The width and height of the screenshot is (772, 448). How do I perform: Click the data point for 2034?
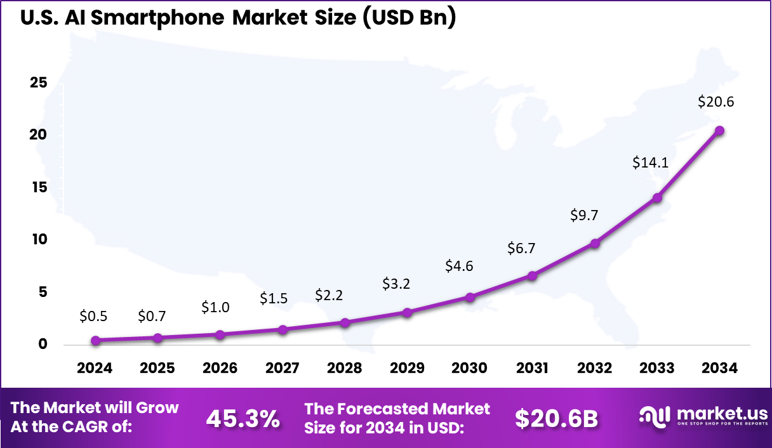tap(719, 131)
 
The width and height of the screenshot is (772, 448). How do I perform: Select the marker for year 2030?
tap(470, 297)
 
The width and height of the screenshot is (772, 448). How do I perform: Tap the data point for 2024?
tap(96, 340)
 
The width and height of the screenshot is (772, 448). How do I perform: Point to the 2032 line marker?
tap(595, 243)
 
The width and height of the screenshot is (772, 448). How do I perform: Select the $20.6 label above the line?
tap(715, 102)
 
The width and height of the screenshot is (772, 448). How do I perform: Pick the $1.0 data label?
tap(215, 307)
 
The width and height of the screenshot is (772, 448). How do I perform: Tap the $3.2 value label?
tap(396, 284)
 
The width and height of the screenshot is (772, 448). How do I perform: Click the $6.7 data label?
tap(521, 249)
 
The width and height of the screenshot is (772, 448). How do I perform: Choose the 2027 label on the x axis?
tap(283, 368)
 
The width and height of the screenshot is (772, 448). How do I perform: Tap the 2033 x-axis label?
tap(657, 368)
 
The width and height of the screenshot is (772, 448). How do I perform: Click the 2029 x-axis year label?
tap(407, 368)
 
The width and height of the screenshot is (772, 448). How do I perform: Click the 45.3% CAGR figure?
tap(243, 418)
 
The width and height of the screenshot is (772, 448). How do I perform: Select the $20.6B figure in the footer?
tap(556, 418)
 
